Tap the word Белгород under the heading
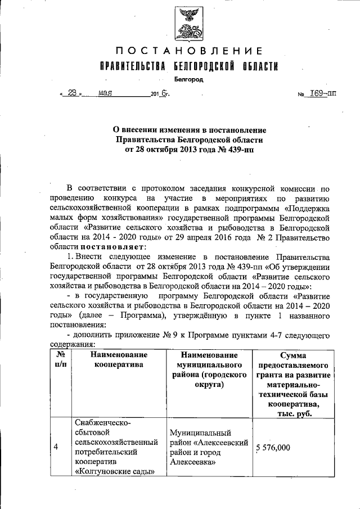click(188, 80)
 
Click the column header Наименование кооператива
click(119, 360)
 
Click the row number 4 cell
click(56, 447)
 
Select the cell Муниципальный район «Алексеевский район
click(209, 447)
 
